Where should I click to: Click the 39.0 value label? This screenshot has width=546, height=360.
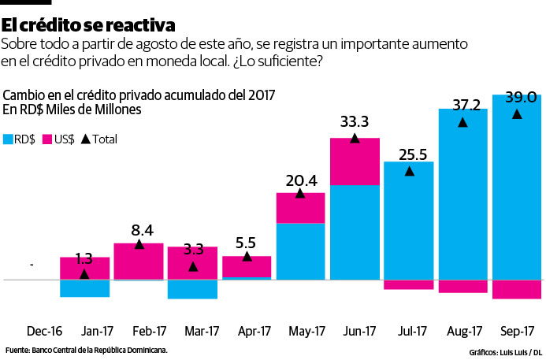[x=521, y=98]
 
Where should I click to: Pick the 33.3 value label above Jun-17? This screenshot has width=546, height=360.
[x=355, y=122]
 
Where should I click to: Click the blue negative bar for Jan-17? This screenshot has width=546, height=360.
[x=85, y=288]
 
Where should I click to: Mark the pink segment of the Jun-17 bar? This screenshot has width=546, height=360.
[x=355, y=161]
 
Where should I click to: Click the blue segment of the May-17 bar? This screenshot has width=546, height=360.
[x=300, y=251]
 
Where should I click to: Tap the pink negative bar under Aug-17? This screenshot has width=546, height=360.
[x=462, y=286]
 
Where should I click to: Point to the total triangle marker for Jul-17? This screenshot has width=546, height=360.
[x=409, y=171]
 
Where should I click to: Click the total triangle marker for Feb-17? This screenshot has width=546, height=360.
[x=139, y=244]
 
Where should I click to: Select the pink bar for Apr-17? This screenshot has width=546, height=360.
[x=247, y=266]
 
